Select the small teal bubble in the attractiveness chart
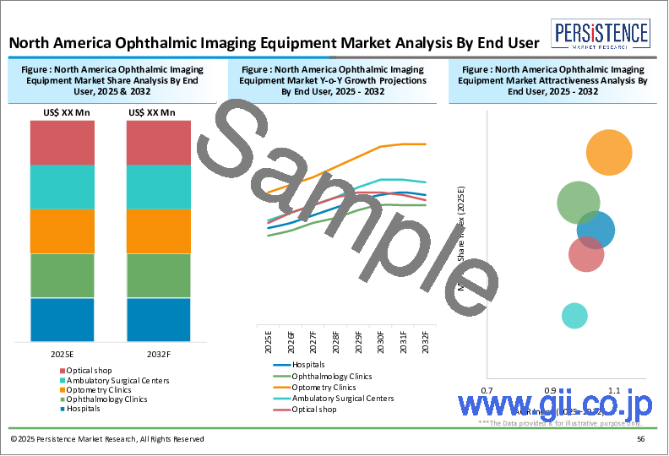(574, 316)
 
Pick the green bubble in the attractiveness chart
(579, 203)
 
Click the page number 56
(641, 439)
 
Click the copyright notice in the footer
(107, 439)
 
